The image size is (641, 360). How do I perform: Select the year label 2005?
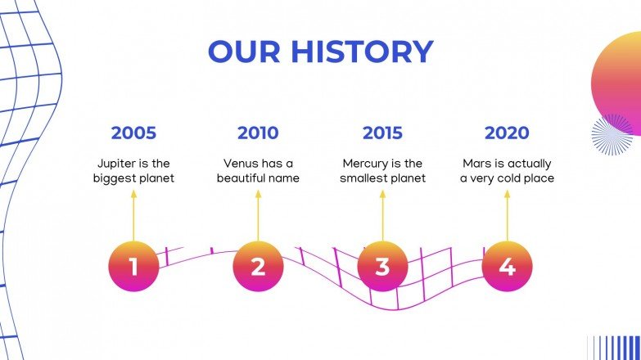pyautogui.click(x=133, y=133)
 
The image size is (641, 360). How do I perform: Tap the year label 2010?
pyautogui.click(x=258, y=133)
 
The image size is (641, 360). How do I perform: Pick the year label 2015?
pyautogui.click(x=382, y=133)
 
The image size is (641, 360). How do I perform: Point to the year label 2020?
pyautogui.click(x=507, y=133)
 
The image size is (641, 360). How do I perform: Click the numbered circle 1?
pyautogui.click(x=133, y=267)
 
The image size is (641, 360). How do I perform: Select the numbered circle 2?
pyautogui.click(x=258, y=267)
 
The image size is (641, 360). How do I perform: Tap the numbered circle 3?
pyautogui.click(x=382, y=267)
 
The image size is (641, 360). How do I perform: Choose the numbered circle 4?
pyautogui.click(x=507, y=267)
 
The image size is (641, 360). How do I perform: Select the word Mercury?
pyautogui.click(x=365, y=164)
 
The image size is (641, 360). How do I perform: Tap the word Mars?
pyautogui.click(x=477, y=164)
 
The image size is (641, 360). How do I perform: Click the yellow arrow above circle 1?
pyautogui.click(x=133, y=215)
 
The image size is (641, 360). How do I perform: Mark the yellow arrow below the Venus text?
pyautogui.click(x=258, y=215)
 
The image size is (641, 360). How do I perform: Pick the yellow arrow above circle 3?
pyautogui.click(x=382, y=215)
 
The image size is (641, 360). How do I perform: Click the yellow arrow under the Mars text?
pyautogui.click(x=507, y=215)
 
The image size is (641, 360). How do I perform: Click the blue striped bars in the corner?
pyautogui.click(x=613, y=347)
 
